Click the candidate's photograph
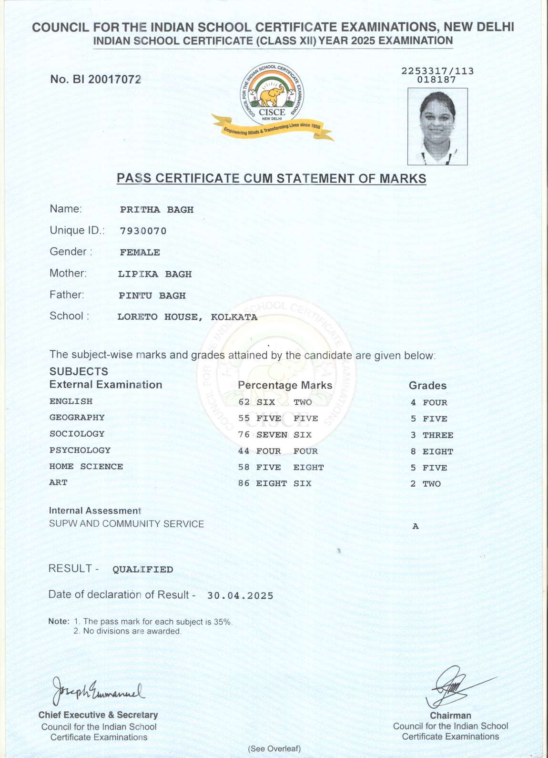[x=437, y=126]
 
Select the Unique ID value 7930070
[x=143, y=231]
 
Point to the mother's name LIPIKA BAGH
[x=155, y=274]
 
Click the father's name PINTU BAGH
[x=152, y=296]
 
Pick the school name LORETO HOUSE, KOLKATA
[x=187, y=317]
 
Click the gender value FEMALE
[x=140, y=252]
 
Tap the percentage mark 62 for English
[x=244, y=402]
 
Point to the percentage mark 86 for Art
[x=244, y=483]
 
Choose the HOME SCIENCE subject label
[x=86, y=466]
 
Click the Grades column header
[x=427, y=386]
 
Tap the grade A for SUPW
[x=416, y=526]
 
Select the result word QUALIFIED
[x=142, y=569]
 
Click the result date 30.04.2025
[x=240, y=595]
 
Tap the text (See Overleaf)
[x=274, y=748]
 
